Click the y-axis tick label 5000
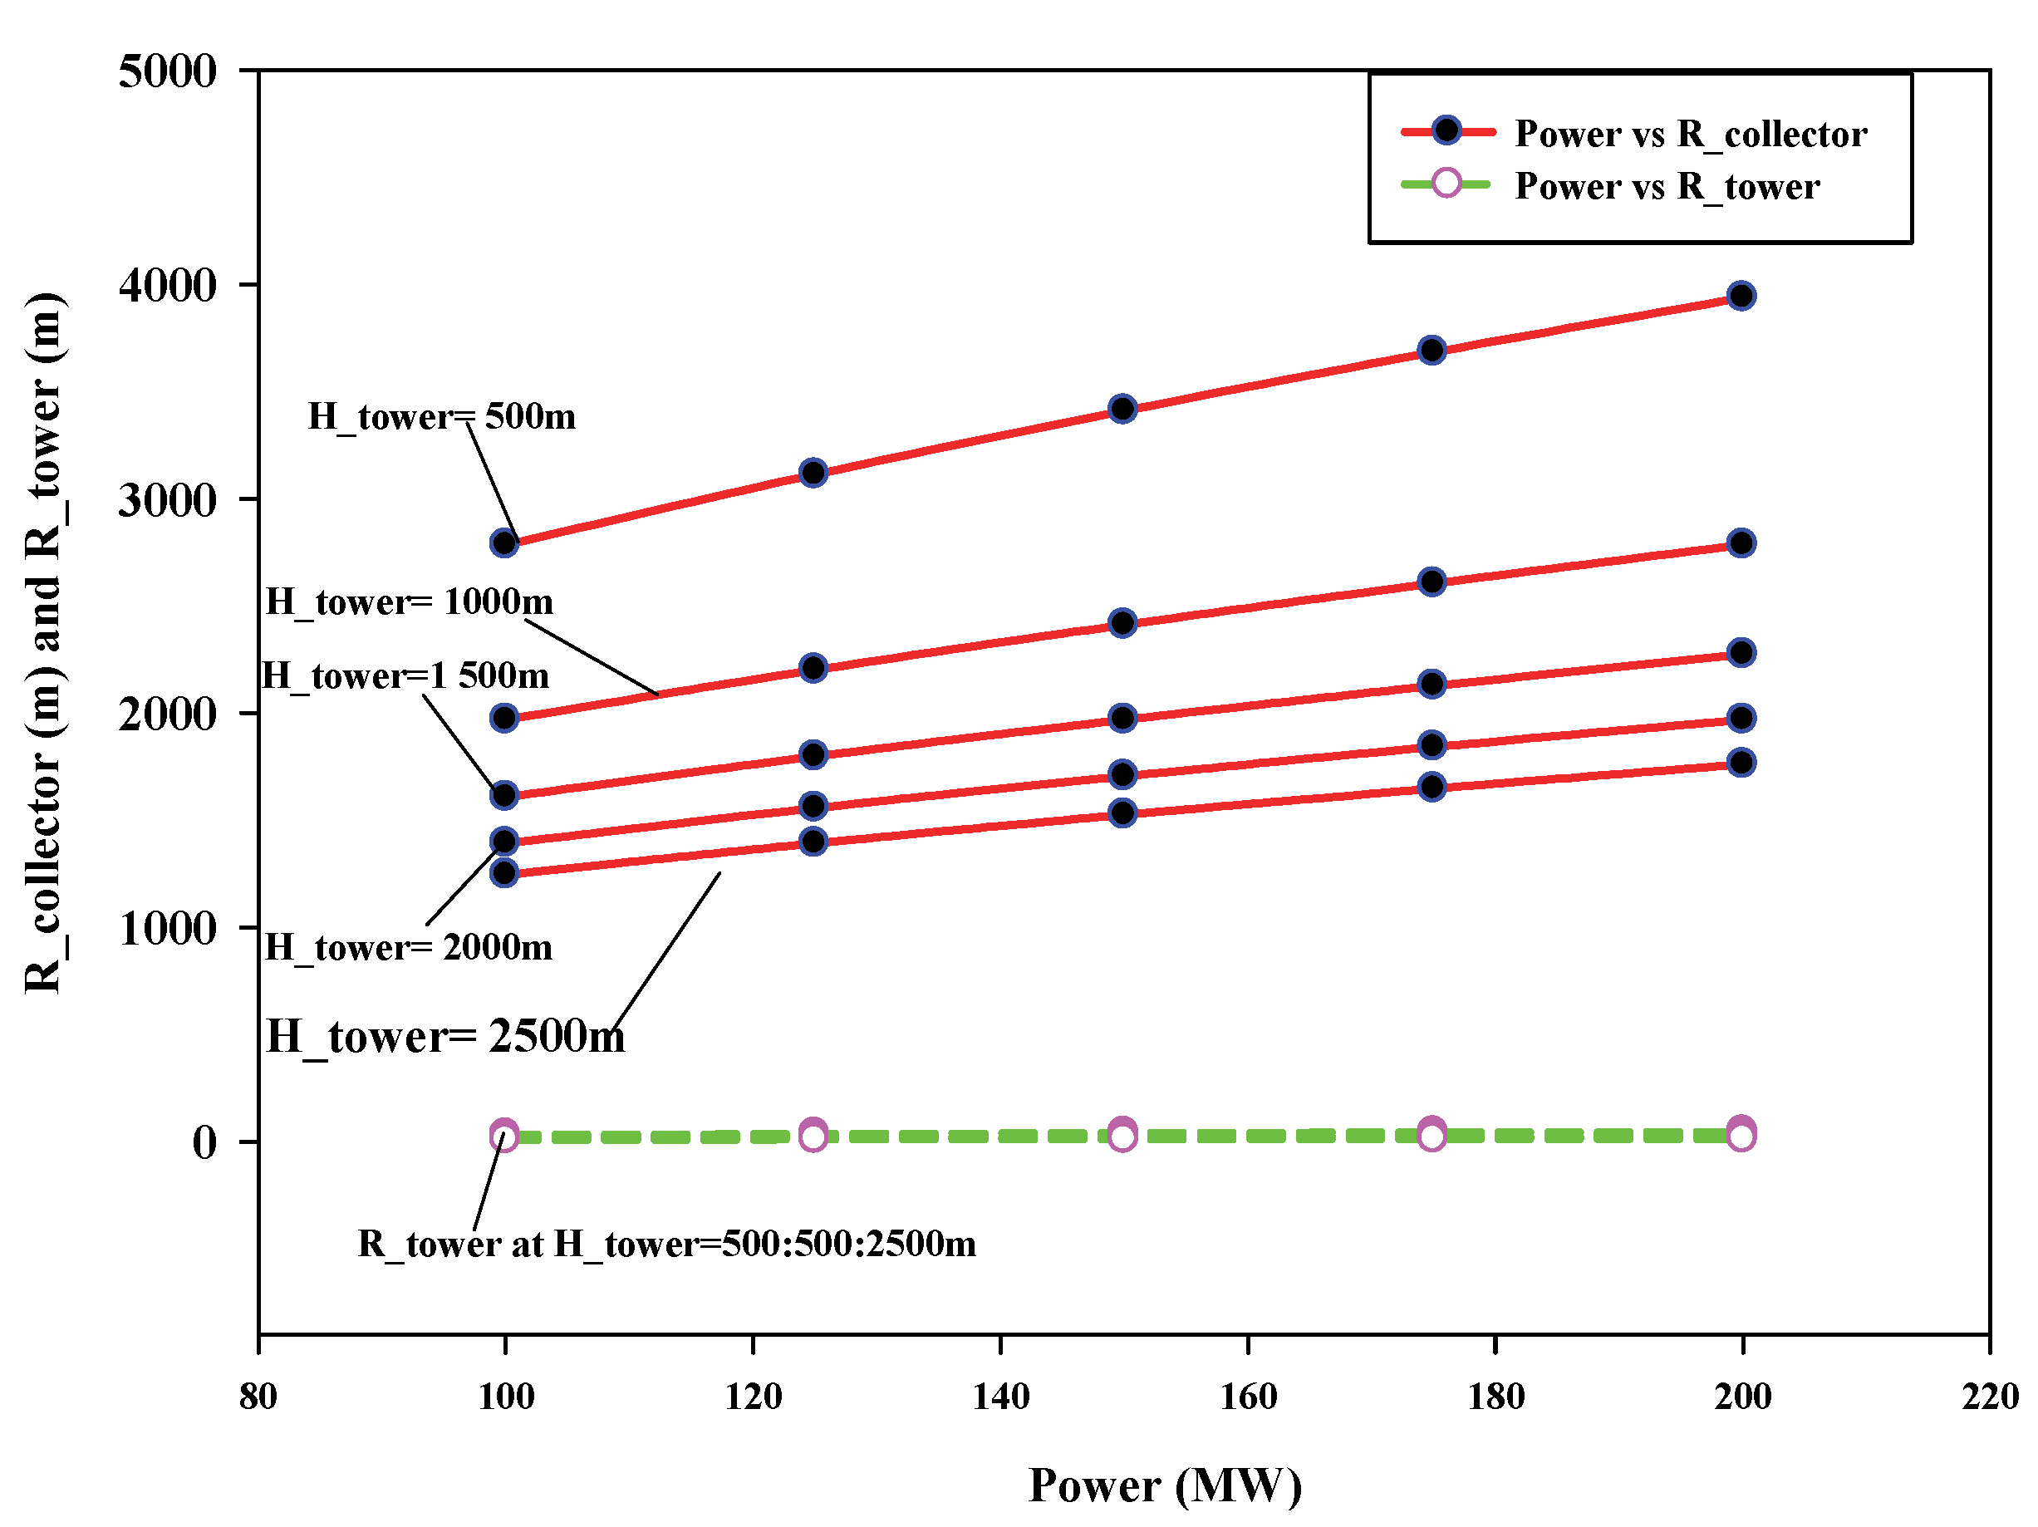(167, 71)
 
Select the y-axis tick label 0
(204, 1142)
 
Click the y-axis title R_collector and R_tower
(43, 642)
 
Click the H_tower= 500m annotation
(441, 416)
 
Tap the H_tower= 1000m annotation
(409, 601)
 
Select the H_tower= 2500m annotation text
(445, 1037)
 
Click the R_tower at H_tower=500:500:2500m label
(666, 1244)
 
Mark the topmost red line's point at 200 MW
(1741, 296)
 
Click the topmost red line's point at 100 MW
(504, 543)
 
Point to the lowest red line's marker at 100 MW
(504, 872)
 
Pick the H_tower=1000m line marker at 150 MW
(1122, 623)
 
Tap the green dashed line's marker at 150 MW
(1122, 1134)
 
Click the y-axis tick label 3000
(167, 500)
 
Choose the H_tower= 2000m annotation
(408, 947)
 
